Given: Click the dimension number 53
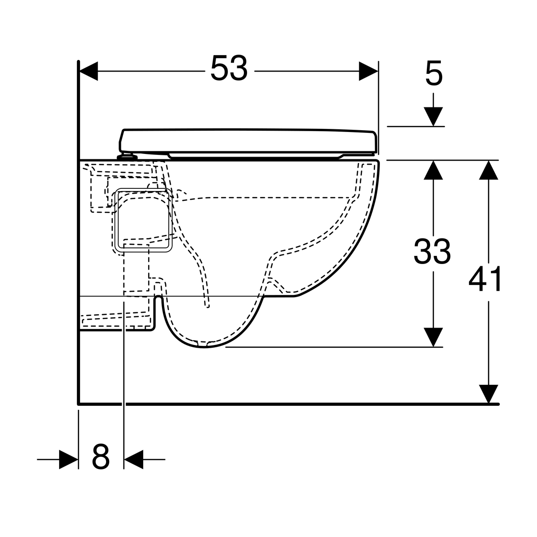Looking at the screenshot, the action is click(229, 68).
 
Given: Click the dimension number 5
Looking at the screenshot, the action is click(434, 73).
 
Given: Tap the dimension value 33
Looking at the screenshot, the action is click(432, 251).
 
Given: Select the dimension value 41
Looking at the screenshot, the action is click(485, 279).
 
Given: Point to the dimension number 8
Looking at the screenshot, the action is click(101, 459).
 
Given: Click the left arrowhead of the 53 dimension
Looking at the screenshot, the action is click(89, 71).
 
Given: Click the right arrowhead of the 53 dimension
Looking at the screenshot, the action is click(368, 71).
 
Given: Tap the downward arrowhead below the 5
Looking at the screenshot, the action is click(433, 116).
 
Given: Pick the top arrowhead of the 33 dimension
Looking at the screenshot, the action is click(433, 170).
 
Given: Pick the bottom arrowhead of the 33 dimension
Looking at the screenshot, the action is click(433, 337).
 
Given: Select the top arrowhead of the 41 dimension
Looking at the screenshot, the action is click(489, 170).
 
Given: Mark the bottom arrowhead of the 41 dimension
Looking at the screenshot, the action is click(489, 394).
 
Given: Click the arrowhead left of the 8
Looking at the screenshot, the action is click(68, 460).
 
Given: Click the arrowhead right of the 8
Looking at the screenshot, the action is click(133, 460).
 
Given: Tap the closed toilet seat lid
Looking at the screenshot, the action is click(248, 142).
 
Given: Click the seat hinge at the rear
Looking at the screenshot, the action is click(127, 156).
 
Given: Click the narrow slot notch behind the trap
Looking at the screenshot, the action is click(158, 312).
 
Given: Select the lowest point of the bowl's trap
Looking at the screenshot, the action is click(203, 347).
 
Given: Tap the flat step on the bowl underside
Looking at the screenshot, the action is click(279, 297).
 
